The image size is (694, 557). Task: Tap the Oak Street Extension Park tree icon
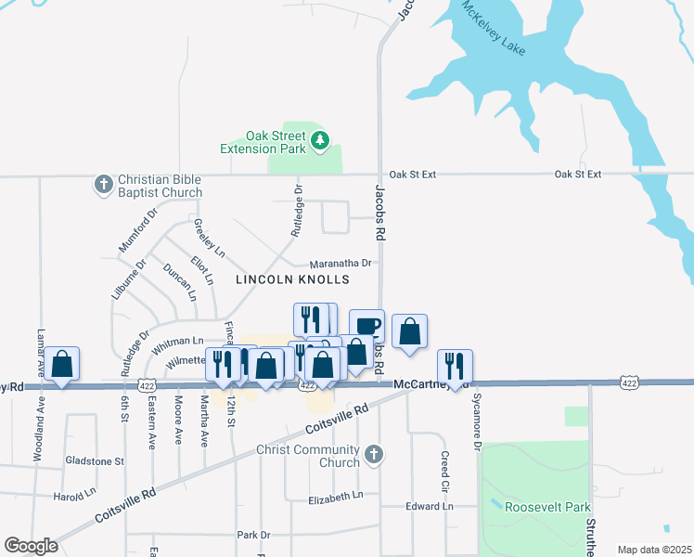(x=320, y=141)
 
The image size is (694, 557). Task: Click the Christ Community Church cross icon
(x=373, y=454)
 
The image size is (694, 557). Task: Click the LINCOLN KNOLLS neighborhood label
(x=292, y=278)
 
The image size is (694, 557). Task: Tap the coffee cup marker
(x=367, y=325)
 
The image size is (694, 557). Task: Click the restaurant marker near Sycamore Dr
(x=455, y=365)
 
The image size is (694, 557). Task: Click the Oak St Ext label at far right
(x=578, y=174)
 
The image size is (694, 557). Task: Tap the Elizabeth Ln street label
(x=337, y=498)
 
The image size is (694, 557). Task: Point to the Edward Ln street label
(x=430, y=506)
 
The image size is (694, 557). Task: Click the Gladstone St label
(x=95, y=460)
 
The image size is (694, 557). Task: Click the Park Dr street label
(x=252, y=535)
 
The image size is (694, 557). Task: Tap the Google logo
(x=31, y=546)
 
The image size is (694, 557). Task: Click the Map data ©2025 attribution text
(x=654, y=550)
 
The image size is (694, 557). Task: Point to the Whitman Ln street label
(x=177, y=342)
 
